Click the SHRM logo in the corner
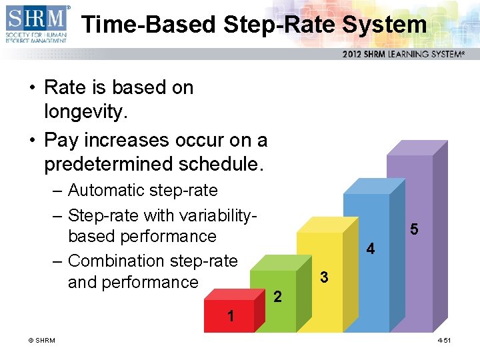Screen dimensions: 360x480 (37, 24)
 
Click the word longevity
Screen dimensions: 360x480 (85, 113)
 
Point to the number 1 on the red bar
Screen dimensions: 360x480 (231, 316)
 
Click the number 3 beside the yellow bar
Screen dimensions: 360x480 (323, 276)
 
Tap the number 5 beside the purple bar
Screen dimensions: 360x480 (414, 229)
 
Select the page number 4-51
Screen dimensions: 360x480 (444, 341)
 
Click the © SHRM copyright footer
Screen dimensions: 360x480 (41, 341)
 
